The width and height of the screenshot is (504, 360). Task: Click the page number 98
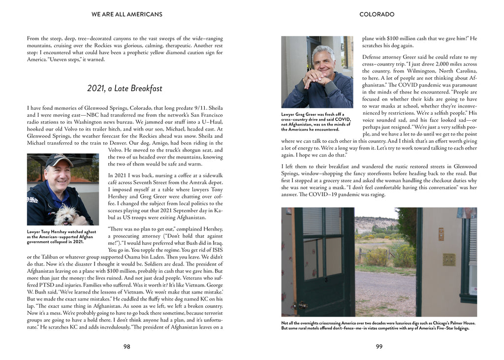click(126, 347)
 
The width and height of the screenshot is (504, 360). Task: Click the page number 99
click(379, 347)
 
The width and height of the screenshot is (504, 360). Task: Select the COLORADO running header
click(377, 14)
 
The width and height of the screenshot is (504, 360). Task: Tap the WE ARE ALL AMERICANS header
click(126, 14)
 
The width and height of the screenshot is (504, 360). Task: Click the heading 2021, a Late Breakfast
click(125, 89)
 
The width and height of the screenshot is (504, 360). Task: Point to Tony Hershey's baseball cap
click(58, 160)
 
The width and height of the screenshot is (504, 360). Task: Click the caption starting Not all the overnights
click(378, 326)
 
